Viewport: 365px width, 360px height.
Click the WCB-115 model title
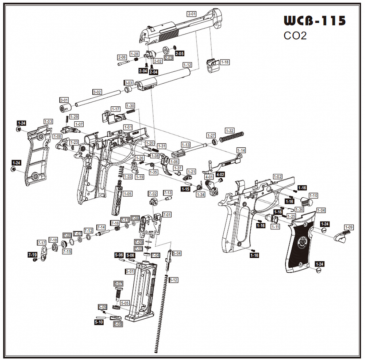coord(314,21)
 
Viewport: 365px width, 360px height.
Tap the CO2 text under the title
coord(295,35)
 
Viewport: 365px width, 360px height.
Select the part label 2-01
coord(192,14)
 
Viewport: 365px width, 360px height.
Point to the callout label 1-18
coord(225,62)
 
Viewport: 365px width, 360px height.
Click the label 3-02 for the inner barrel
coord(97,92)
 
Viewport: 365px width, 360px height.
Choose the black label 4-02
coord(220,175)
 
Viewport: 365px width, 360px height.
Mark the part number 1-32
coord(230,130)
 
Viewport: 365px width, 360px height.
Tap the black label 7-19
coord(32,254)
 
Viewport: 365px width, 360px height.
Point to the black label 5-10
coord(99,322)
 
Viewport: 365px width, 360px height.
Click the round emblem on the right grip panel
coord(304,242)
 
